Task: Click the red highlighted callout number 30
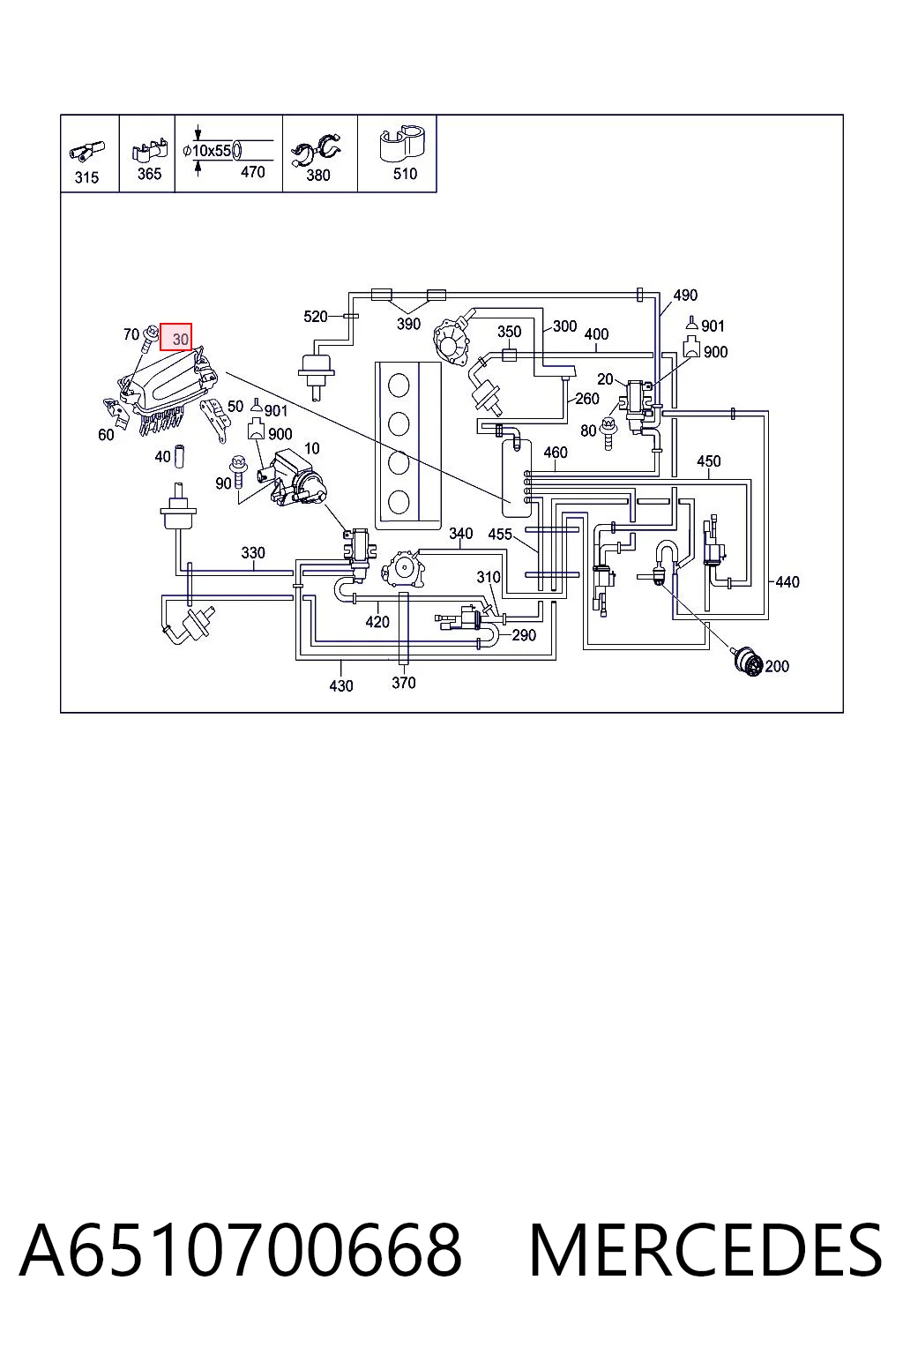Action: pos(176,336)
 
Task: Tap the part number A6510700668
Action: pos(242,1250)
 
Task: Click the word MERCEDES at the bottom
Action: pos(705,1250)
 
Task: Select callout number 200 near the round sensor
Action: pos(777,666)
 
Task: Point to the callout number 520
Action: pos(315,316)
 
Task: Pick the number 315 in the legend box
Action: pos(86,177)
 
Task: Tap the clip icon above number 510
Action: pos(401,145)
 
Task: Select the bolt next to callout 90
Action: pos(238,473)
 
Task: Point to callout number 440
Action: pos(787,582)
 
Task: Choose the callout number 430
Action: pos(341,685)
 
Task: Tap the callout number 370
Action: pos(403,682)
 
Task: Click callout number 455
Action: pos(500,534)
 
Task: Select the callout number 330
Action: pos(253,552)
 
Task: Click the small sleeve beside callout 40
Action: pos(180,457)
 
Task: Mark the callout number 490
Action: pos(685,296)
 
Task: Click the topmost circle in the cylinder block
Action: pos(399,386)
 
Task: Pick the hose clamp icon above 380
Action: pos(316,151)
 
